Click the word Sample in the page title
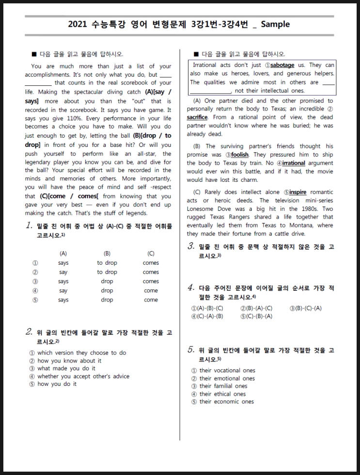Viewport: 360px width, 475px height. (275, 24)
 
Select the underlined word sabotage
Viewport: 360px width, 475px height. (282, 65)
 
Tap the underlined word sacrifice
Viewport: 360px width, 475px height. (197, 117)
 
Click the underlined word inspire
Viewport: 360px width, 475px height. (297, 192)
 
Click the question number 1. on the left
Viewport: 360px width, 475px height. (30, 225)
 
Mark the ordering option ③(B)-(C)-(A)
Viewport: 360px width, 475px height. (305, 308)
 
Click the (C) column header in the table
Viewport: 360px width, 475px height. (151, 253)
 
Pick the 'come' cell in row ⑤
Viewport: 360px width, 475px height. (151, 300)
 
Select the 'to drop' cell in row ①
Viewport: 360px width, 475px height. (107, 263)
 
